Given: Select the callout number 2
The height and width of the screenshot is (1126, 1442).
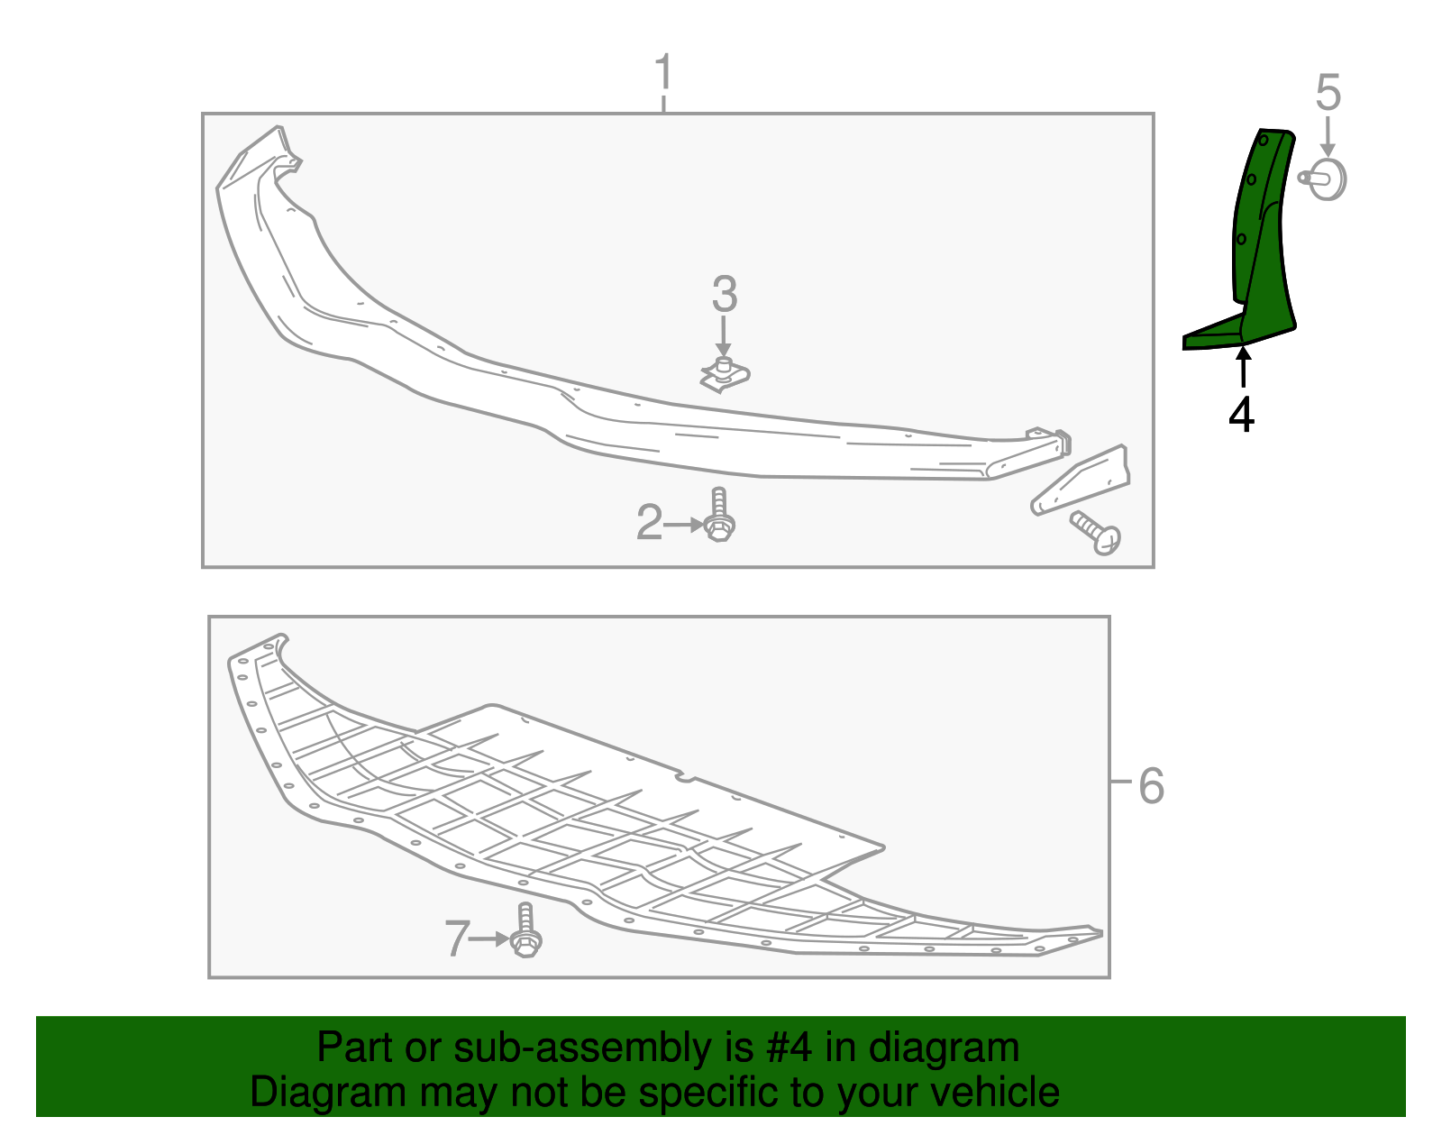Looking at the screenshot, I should click(x=649, y=523).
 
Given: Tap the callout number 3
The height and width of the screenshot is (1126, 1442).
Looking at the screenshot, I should click(x=724, y=295).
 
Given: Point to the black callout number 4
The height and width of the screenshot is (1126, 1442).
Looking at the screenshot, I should click(x=1242, y=415).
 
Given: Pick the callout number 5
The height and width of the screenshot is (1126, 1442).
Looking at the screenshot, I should click(x=1328, y=93).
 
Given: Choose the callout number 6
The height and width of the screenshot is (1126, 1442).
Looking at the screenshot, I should click(x=1151, y=786).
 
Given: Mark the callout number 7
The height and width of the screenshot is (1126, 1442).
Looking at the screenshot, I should click(x=457, y=938).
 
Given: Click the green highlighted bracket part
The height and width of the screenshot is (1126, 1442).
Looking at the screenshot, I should click(x=1262, y=252).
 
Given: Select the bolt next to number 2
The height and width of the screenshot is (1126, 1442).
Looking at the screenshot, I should click(x=718, y=516).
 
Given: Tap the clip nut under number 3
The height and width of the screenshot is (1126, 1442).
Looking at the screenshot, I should click(x=725, y=374).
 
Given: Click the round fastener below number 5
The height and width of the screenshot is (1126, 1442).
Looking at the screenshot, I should click(x=1325, y=179).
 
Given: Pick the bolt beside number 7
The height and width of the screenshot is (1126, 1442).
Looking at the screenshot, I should click(x=525, y=931).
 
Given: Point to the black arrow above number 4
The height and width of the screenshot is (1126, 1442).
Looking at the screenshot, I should click(x=1243, y=368).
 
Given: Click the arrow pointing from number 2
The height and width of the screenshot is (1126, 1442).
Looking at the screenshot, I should click(x=685, y=524).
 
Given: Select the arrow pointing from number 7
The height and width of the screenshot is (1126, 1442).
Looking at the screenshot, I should click(x=491, y=938).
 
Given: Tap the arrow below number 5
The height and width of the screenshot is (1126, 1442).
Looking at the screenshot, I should click(x=1328, y=137).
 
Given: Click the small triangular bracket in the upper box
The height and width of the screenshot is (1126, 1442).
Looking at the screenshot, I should click(x=1081, y=481).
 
